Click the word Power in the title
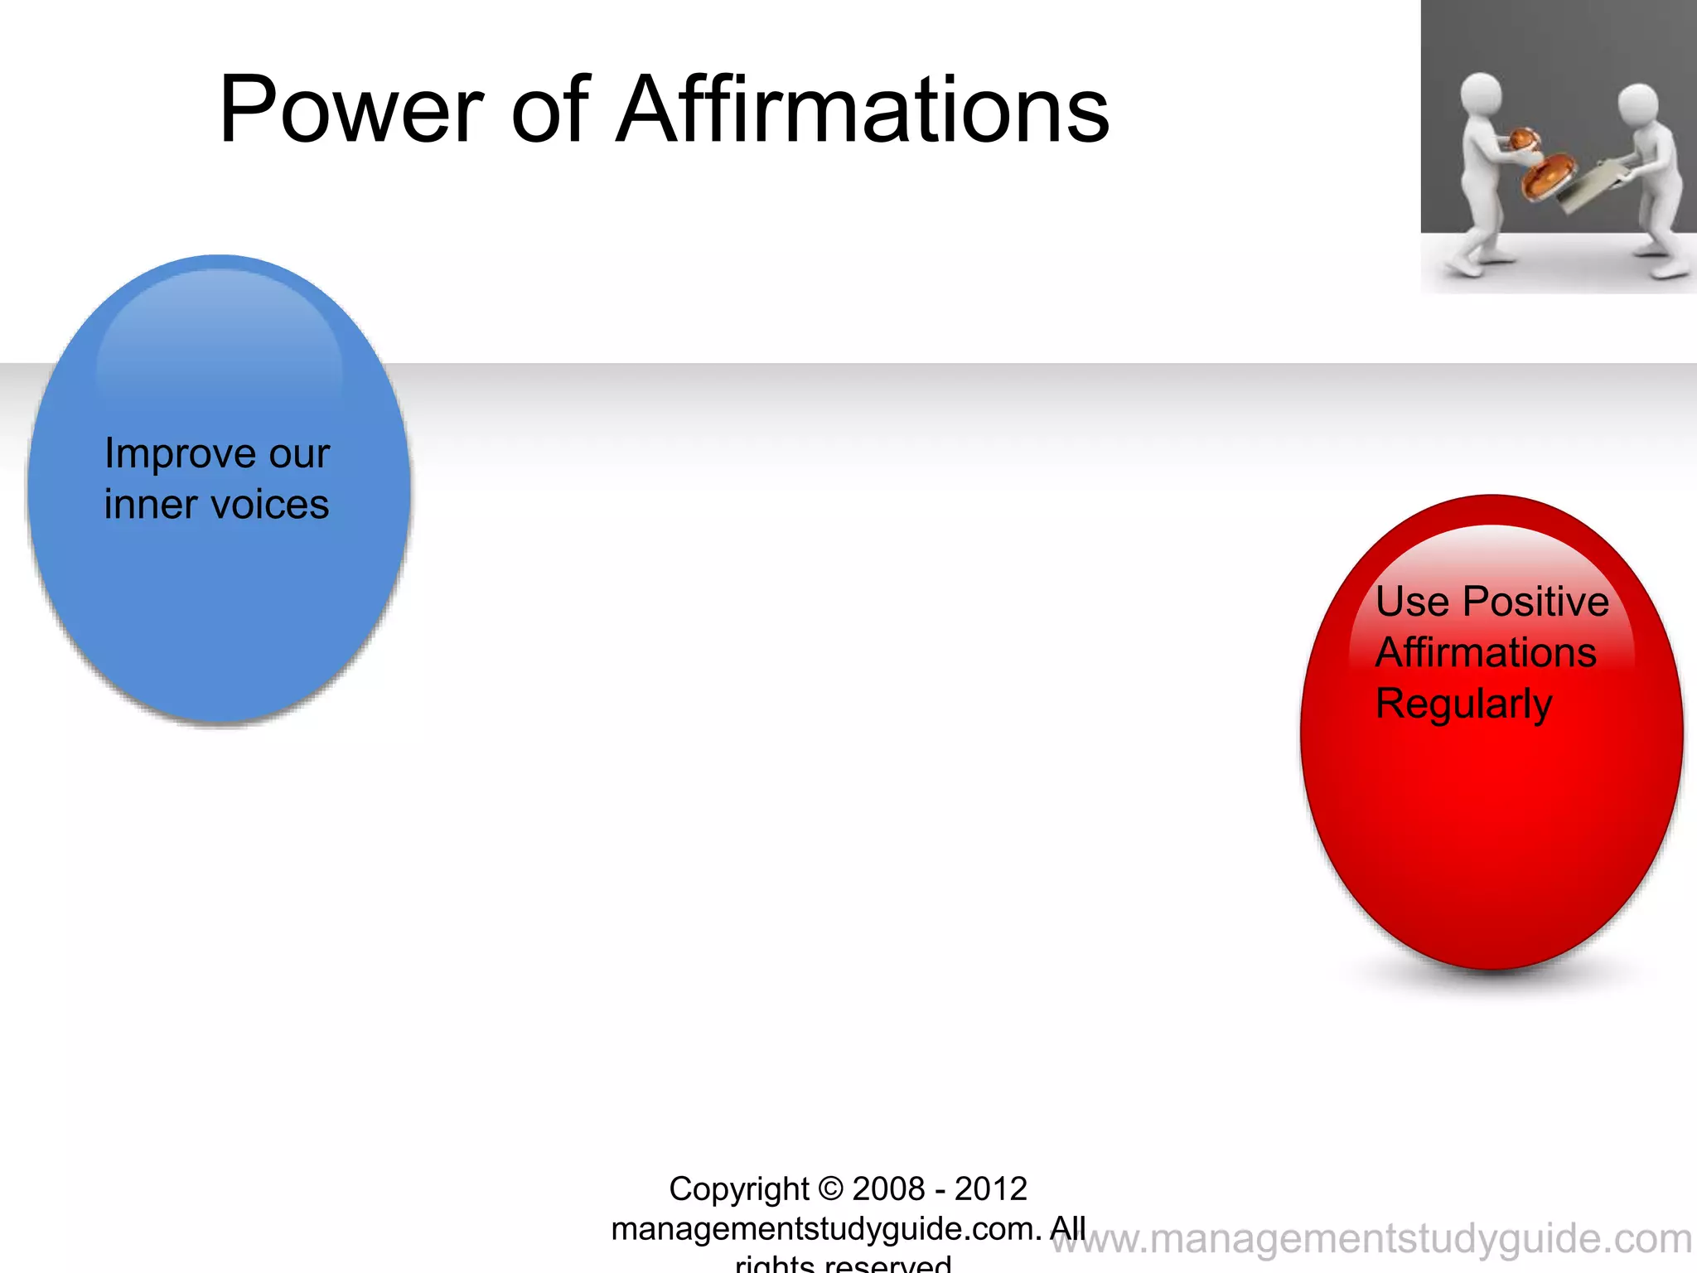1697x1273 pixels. tap(351, 109)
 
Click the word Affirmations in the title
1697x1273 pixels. tap(863, 109)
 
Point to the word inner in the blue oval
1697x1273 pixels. tap(151, 505)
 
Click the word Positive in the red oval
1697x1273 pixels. tap(1535, 602)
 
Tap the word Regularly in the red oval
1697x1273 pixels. tap(1463, 704)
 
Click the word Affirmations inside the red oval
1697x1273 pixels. tap(1486, 652)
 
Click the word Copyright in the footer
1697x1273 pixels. tap(738, 1189)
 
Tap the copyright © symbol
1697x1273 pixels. tap(830, 1189)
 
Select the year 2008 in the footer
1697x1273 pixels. tap(888, 1189)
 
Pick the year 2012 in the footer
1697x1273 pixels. tap(991, 1189)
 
